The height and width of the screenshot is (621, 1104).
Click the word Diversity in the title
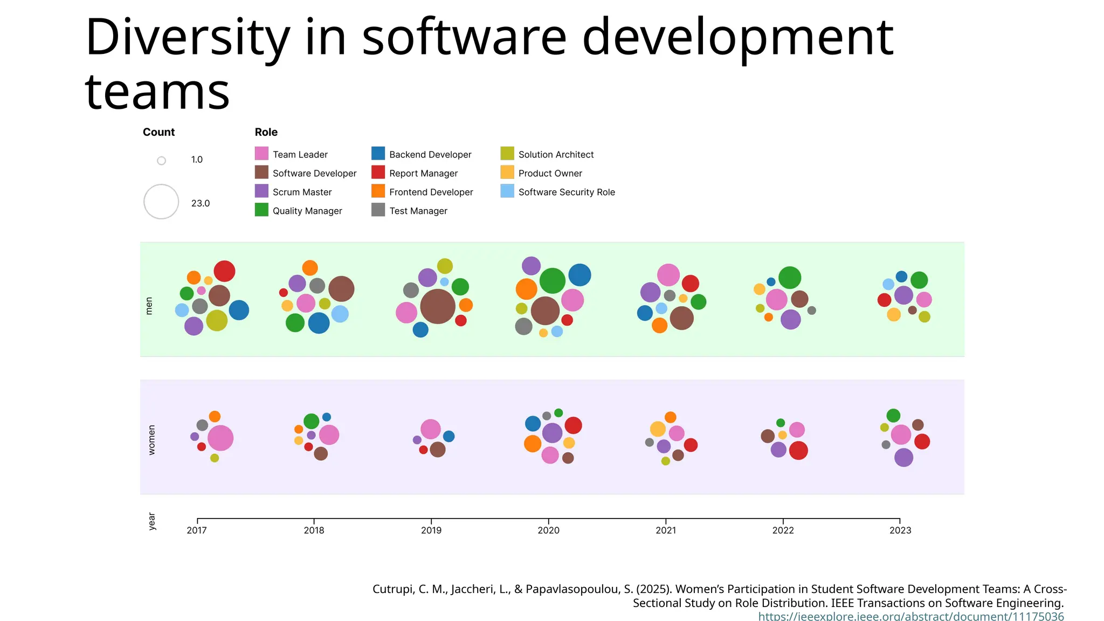point(187,38)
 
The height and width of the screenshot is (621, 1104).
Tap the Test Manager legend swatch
point(378,210)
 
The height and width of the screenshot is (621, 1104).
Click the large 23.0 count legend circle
point(161,202)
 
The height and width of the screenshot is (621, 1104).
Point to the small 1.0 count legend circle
point(161,161)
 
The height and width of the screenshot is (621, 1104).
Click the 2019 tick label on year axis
point(431,530)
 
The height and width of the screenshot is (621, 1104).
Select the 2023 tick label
point(900,530)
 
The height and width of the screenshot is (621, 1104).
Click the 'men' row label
point(149,306)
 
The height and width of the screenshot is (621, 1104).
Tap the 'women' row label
point(151,440)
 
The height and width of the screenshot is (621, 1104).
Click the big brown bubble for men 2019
point(438,306)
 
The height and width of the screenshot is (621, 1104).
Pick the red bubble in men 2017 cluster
point(224,271)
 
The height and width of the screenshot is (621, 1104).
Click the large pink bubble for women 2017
point(220,438)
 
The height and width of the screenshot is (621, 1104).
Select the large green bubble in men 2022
point(790,278)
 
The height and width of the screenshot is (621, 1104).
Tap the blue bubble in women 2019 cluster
point(448,436)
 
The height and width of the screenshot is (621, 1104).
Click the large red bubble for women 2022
point(798,450)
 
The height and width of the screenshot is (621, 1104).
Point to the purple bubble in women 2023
point(903,458)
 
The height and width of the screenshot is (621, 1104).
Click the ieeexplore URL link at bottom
point(911,616)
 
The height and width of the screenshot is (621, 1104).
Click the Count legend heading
point(158,132)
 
